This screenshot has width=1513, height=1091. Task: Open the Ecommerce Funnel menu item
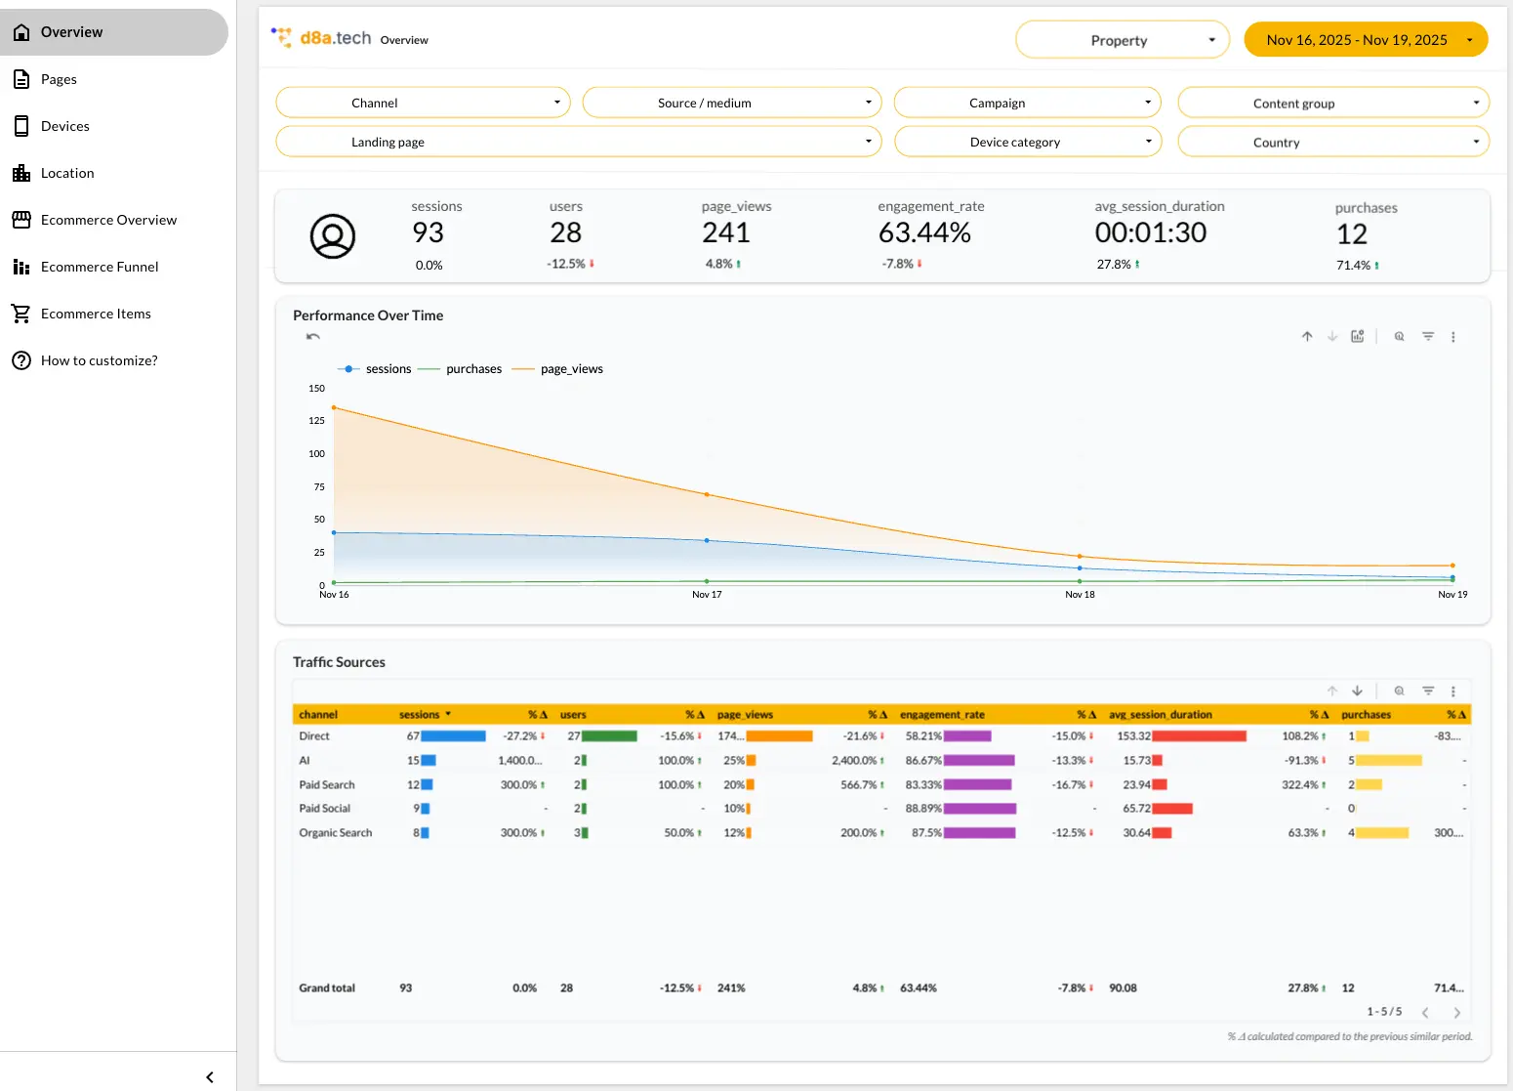tap(100, 267)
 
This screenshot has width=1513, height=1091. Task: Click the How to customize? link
tap(99, 360)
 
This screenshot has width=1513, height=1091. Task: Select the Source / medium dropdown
tap(731, 103)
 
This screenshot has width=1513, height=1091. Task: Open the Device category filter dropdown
tap(1027, 142)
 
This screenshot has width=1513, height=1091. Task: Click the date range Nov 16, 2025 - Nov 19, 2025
tap(1365, 40)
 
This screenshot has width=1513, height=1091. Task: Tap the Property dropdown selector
tap(1122, 40)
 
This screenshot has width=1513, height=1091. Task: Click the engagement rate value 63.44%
tap(924, 232)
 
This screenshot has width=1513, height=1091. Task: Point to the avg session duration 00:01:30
tap(1150, 232)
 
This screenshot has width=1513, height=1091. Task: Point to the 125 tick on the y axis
tap(316, 420)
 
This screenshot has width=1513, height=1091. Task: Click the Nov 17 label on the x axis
tap(707, 594)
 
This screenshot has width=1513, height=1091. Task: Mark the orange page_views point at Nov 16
tap(334, 407)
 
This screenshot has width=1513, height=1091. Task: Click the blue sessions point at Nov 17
tap(707, 541)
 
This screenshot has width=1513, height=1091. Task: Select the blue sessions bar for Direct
tap(453, 736)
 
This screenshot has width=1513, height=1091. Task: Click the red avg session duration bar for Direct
tap(1199, 736)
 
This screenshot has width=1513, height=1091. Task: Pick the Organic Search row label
tap(335, 833)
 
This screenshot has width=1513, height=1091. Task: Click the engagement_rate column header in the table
tap(942, 715)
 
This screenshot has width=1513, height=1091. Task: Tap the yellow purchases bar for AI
tap(1389, 761)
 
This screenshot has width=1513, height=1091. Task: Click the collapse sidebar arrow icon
tap(210, 1077)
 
